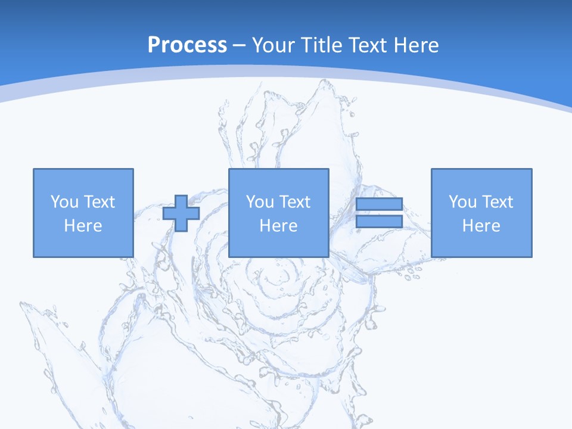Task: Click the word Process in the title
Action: click(187, 45)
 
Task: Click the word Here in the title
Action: click(418, 45)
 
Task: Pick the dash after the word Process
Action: click(240, 46)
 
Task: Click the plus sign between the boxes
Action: click(181, 213)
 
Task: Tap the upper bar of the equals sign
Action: click(379, 204)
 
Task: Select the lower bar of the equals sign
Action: click(379, 222)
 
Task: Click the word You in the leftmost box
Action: click(64, 202)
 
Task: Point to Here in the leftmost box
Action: click(83, 226)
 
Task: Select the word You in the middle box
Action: click(260, 202)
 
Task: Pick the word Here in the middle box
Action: click(278, 226)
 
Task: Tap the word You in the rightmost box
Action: click(462, 202)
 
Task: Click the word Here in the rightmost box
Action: click(481, 226)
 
